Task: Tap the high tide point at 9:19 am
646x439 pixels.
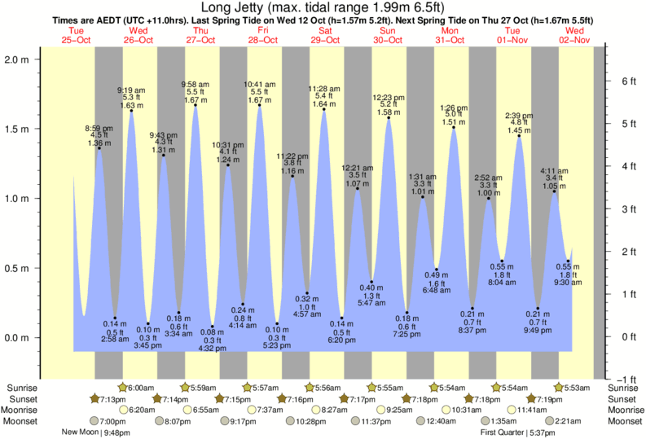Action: [132, 111]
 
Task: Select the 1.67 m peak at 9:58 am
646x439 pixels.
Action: [196, 105]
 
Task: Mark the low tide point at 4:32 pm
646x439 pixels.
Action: [212, 326]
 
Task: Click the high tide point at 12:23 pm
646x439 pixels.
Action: [389, 118]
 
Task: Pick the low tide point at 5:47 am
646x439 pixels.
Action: [372, 282]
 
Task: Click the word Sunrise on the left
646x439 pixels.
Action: [22, 388]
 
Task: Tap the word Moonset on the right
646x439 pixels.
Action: [623, 421]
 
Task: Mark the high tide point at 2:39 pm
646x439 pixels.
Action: [519, 136]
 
